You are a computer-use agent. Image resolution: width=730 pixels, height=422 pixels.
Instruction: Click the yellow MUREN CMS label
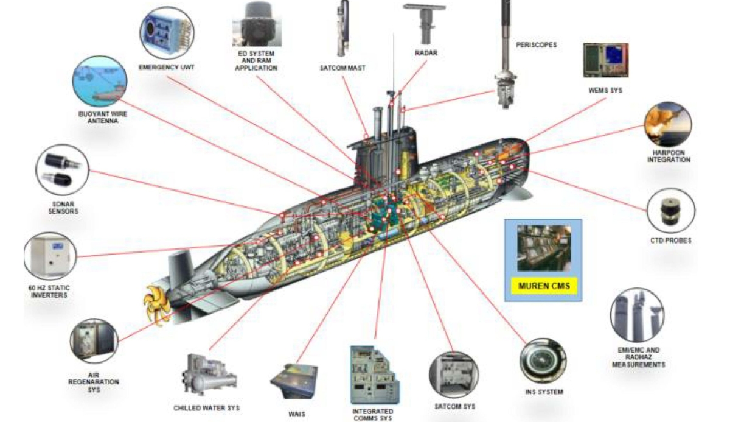[x=543, y=286]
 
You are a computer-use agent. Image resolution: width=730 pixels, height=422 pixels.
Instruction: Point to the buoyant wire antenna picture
[x=99, y=83]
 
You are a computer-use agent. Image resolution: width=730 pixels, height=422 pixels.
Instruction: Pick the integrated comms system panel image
[x=372, y=375]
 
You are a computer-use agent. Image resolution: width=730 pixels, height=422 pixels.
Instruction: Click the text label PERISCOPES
[x=536, y=44]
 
